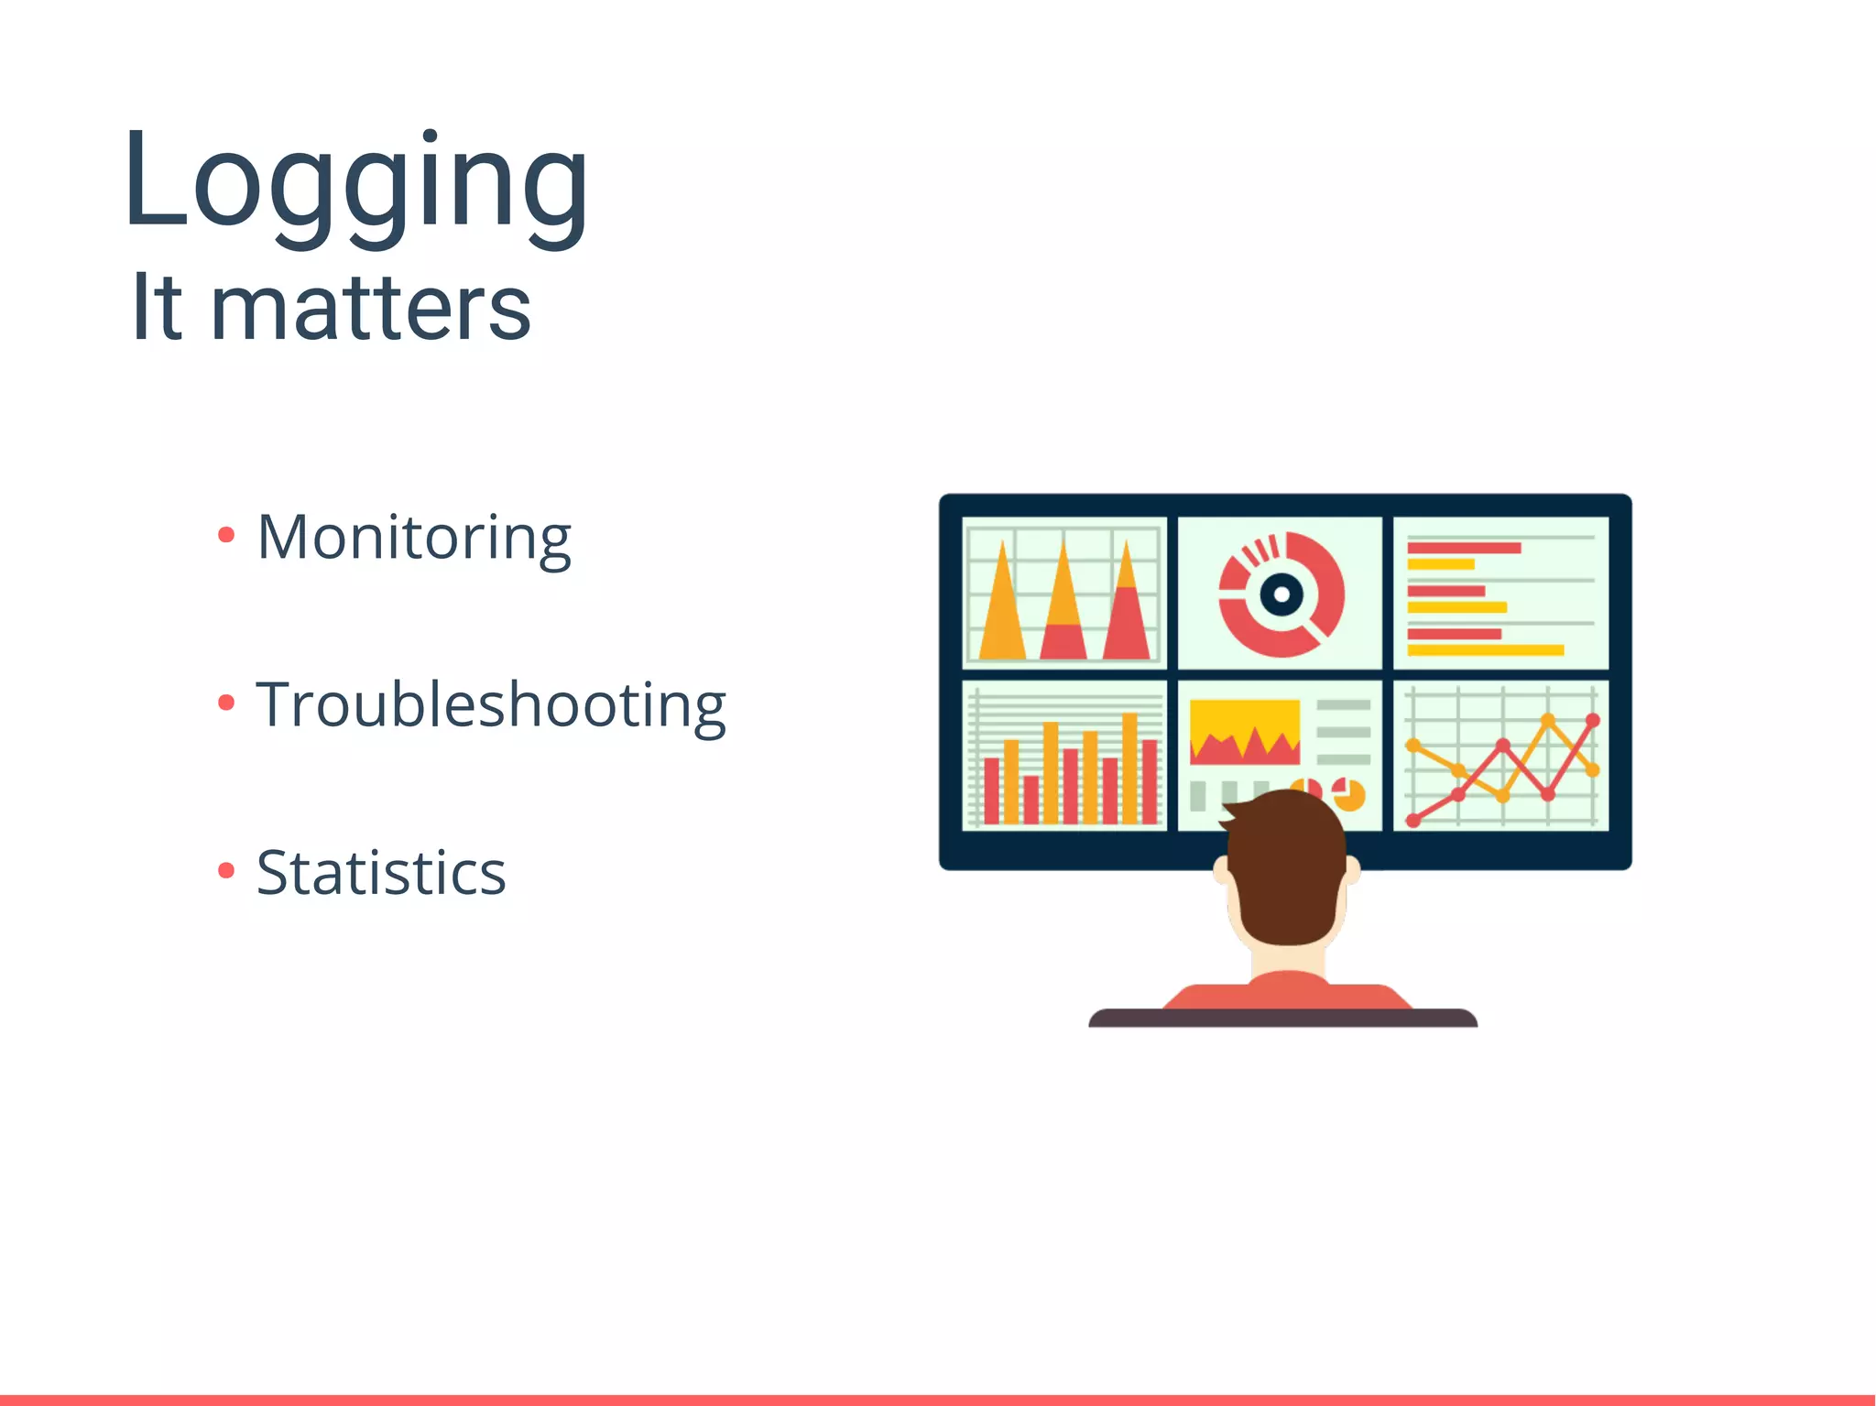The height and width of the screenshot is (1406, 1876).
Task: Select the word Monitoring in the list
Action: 414,538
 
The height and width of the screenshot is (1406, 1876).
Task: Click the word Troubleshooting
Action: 491,705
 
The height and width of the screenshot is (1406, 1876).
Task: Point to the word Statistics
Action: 381,873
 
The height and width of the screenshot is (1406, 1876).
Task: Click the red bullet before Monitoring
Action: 226,535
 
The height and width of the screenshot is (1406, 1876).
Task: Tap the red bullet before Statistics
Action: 226,870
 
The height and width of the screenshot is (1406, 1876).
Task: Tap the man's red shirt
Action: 1286,993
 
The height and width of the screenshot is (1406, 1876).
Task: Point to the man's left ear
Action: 1222,869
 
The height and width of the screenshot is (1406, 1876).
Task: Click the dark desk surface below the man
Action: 1282,1018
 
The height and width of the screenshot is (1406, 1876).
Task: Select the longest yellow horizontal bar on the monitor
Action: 1485,650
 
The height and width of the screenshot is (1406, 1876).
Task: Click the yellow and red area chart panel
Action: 1244,733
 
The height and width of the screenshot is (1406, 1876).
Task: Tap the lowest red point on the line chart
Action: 1413,821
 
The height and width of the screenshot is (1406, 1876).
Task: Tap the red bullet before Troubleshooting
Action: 226,703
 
